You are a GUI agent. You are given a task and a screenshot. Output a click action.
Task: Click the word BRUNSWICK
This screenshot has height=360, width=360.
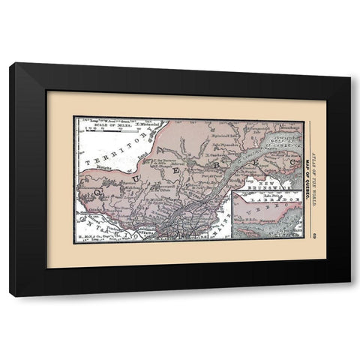[265, 187]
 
